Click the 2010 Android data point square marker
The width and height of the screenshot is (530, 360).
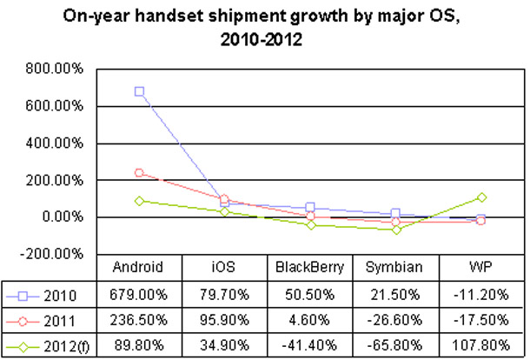(x=139, y=91)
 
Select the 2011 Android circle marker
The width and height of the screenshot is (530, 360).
(x=139, y=173)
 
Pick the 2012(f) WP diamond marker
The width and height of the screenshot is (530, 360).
(x=481, y=197)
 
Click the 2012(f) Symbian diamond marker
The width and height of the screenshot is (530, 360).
(x=396, y=230)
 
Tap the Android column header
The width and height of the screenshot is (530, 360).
(x=139, y=267)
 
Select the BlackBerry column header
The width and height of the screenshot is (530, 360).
(x=310, y=267)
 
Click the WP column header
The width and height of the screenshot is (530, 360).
(x=481, y=267)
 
